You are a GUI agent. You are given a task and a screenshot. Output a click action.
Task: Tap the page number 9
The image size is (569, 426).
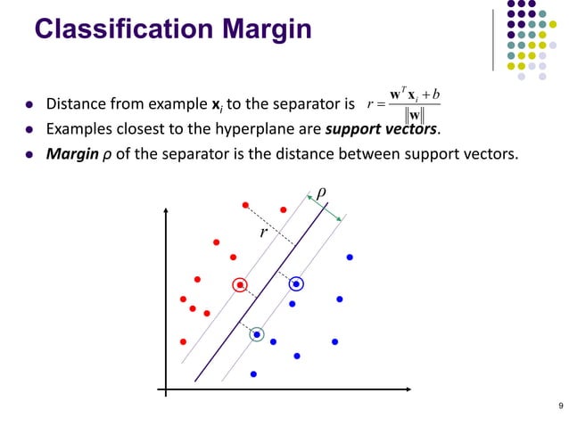point(559,407)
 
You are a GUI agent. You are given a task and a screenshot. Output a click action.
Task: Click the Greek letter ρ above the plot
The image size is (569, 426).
point(322,192)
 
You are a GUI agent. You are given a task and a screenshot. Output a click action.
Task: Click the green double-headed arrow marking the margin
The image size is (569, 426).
point(325,210)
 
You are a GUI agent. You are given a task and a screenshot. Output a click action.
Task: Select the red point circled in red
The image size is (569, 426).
point(240,285)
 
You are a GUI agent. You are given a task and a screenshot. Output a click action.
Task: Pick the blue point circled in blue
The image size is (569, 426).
point(296,284)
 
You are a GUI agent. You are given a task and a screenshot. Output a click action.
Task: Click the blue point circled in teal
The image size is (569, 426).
point(257,334)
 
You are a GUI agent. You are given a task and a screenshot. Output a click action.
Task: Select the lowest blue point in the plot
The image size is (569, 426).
point(253,373)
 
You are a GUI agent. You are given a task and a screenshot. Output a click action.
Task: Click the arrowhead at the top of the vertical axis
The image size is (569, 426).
point(166,211)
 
